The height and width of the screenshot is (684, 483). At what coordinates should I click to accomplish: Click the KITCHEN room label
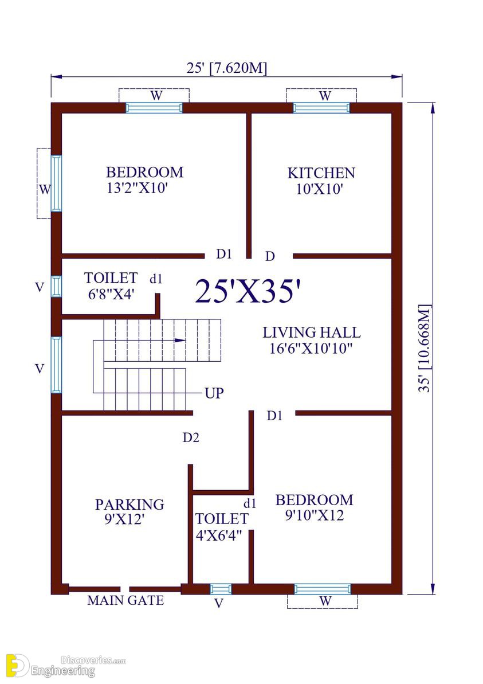(x=321, y=173)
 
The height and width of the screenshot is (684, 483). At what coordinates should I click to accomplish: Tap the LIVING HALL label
(x=311, y=333)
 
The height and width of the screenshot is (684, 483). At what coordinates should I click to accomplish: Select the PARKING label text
(x=129, y=505)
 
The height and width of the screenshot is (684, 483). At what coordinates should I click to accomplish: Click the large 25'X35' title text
(x=248, y=291)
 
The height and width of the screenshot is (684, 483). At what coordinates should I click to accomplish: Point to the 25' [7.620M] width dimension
(x=227, y=68)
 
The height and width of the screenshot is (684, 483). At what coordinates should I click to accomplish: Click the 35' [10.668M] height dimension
(x=425, y=349)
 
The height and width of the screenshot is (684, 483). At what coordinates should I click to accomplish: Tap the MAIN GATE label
(x=125, y=600)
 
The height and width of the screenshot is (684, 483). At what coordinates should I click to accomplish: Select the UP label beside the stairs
(x=214, y=393)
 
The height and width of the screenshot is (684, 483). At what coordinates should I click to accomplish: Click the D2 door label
(x=191, y=437)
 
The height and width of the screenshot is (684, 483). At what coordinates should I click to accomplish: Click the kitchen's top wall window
(x=321, y=107)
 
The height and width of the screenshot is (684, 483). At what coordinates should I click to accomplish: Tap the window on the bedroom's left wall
(x=56, y=183)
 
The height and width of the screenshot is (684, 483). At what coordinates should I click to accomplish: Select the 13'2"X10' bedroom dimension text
(x=138, y=188)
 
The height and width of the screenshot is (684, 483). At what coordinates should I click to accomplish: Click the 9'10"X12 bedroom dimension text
(x=315, y=515)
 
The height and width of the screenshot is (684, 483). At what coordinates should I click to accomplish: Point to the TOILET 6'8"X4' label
(x=111, y=286)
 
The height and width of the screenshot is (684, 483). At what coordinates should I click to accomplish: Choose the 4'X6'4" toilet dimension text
(x=218, y=536)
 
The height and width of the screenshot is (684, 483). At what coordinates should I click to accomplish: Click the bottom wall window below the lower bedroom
(x=322, y=589)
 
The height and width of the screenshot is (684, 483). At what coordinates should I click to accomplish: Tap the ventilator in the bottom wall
(x=221, y=589)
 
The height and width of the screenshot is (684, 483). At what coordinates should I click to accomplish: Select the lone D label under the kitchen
(x=270, y=256)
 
